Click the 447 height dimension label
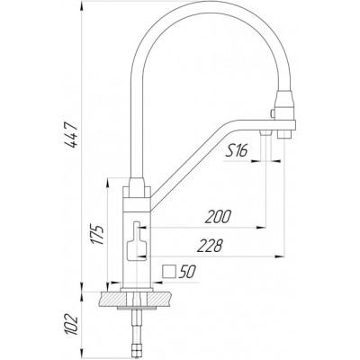(x=72, y=135)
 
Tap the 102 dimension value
(x=72, y=325)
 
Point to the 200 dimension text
(x=218, y=217)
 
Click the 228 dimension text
(x=210, y=246)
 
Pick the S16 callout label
(x=236, y=152)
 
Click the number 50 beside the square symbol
(x=186, y=272)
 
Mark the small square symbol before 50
(x=169, y=271)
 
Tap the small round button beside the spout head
(x=273, y=113)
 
